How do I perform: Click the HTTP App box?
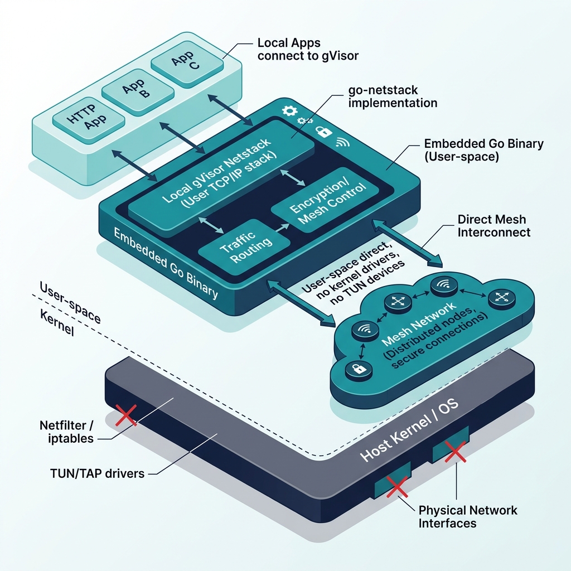tap(89, 119)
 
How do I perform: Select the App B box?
tap(138, 91)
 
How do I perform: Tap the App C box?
tap(187, 62)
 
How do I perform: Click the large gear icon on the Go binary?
tap(290, 111)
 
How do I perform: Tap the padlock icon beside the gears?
tap(323, 131)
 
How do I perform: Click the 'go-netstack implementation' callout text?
tap(393, 96)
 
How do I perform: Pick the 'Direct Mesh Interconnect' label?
tap(494, 226)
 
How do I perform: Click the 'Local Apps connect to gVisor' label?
tap(308, 49)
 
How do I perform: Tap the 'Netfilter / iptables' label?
tap(67, 432)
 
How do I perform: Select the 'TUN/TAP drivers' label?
tap(97, 473)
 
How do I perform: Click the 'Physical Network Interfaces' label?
tap(468, 517)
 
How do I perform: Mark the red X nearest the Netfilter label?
tap(126, 415)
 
